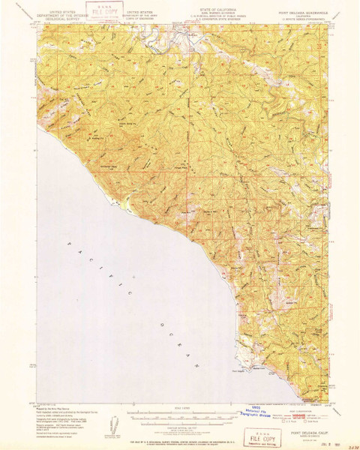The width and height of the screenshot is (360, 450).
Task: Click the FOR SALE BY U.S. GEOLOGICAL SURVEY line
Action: pyautogui.click(x=180, y=437)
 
